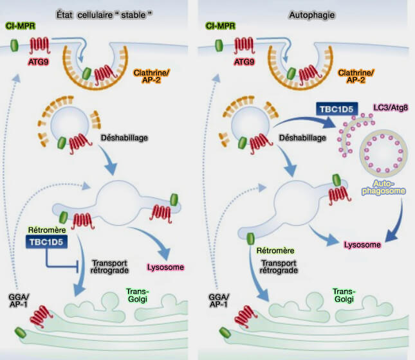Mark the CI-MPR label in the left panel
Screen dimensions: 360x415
[x=21, y=26]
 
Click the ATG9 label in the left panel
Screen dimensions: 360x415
[x=36, y=64]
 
